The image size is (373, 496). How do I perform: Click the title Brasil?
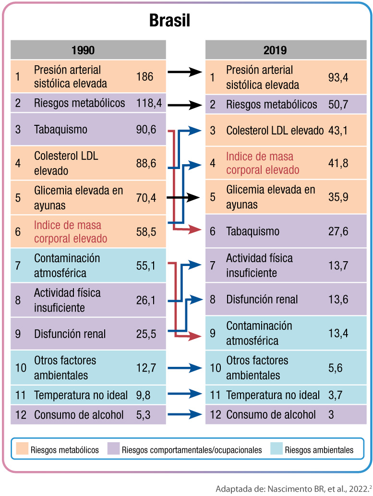coord(170,21)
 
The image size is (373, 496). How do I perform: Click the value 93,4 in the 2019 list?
coord(337,77)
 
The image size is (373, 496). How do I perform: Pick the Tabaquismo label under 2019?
coord(253,231)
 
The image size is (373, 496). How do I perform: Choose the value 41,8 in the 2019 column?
coord(337,164)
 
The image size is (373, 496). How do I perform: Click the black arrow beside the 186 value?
coord(184,73)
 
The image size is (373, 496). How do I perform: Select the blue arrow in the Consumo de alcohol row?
coord(184,414)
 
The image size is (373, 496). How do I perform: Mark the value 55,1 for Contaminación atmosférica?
coord(146,266)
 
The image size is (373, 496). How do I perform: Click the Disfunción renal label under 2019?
coord(262,300)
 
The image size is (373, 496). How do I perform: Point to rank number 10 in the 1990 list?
coord(21,368)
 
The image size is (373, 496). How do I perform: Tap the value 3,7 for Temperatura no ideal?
coord(335,396)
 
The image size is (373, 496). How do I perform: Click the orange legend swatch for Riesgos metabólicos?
coord(21,450)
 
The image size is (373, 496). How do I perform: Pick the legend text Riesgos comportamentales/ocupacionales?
coord(192,450)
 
